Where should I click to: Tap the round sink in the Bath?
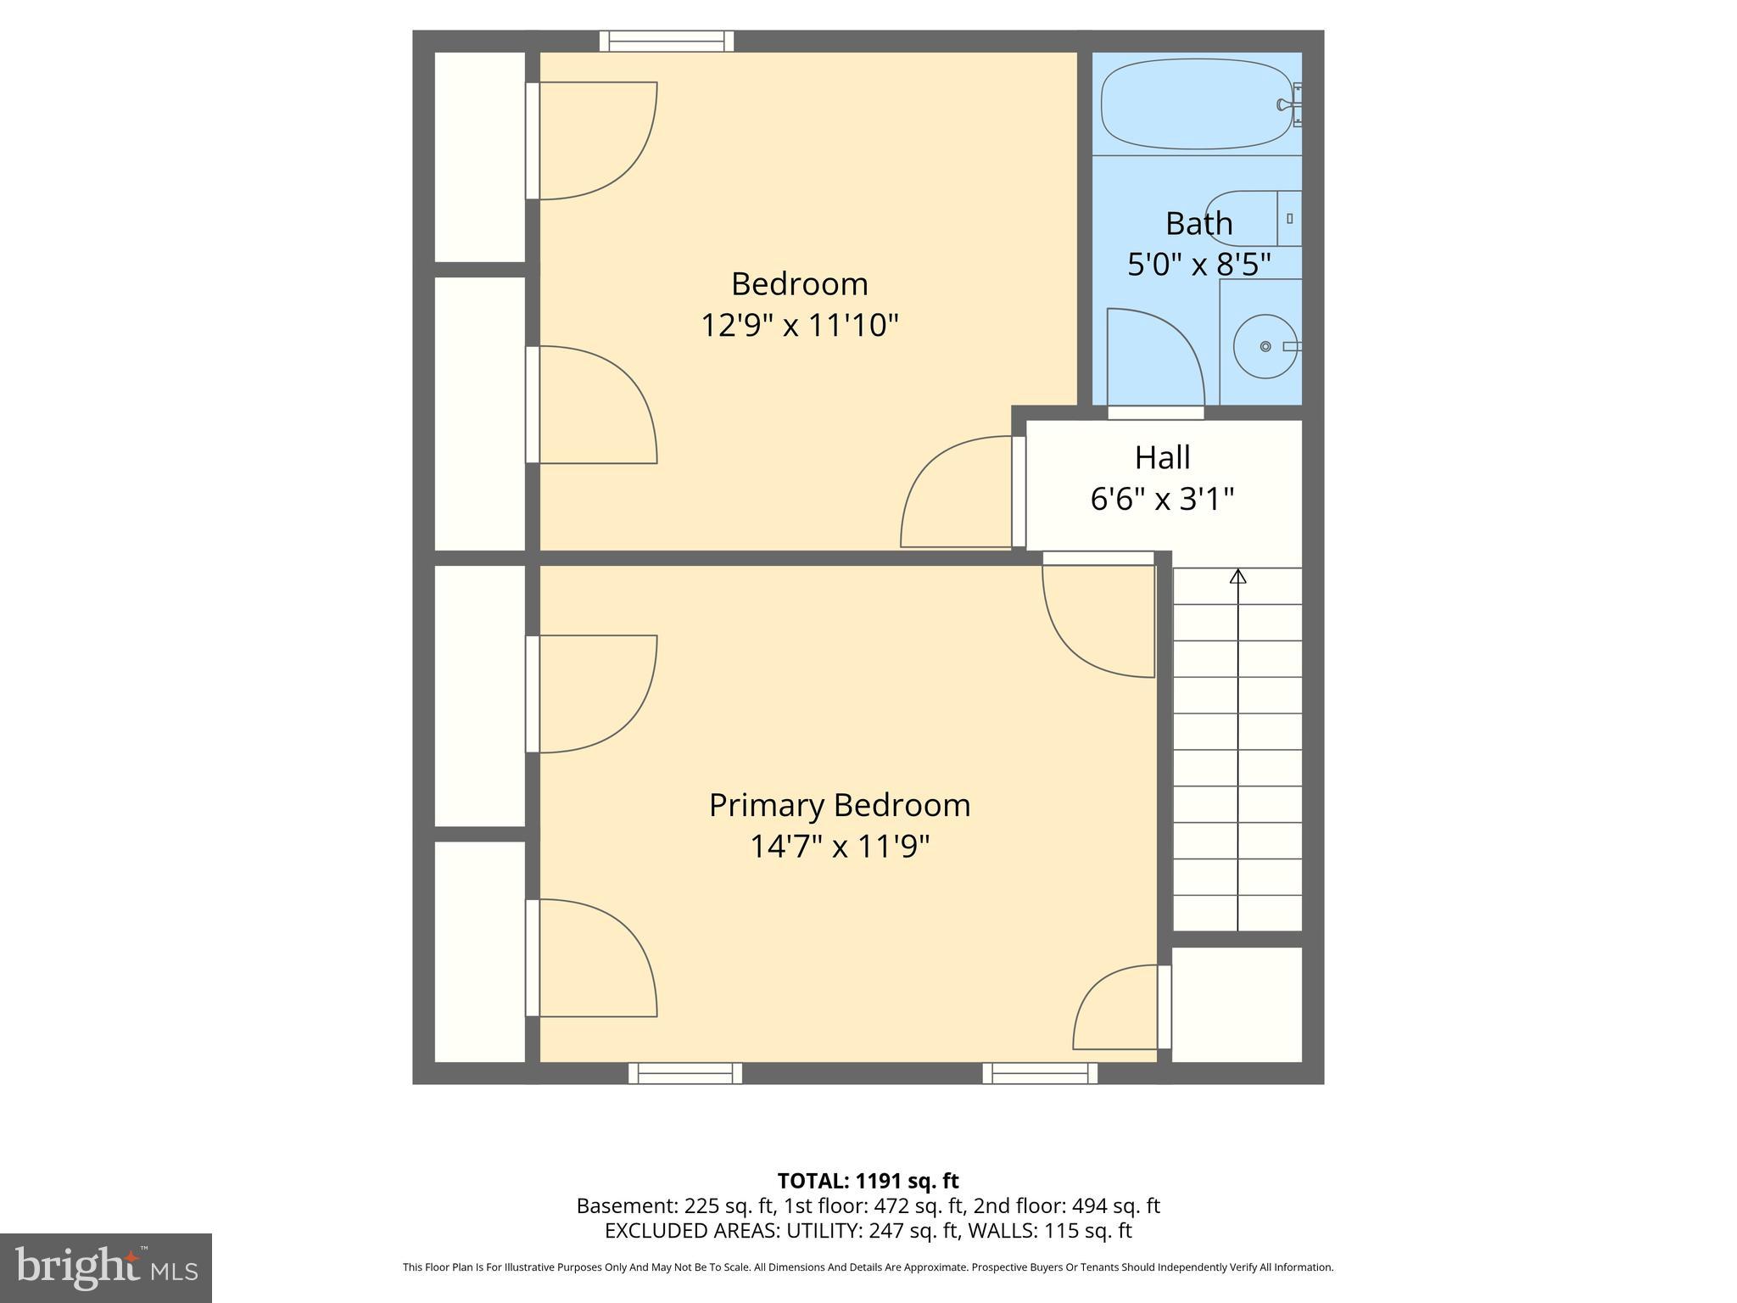click(x=1265, y=346)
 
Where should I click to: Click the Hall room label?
click(x=1162, y=457)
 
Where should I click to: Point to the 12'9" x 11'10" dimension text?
click(x=799, y=325)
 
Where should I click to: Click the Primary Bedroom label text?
click(x=839, y=805)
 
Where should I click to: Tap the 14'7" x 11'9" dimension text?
click(x=839, y=847)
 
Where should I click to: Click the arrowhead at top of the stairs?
click(x=1237, y=577)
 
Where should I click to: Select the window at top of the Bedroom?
click(x=667, y=41)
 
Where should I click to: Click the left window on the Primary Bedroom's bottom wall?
click(x=685, y=1073)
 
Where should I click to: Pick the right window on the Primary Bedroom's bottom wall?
click(x=1040, y=1073)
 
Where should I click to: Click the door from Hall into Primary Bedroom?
click(x=1098, y=619)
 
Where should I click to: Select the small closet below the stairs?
click(x=1237, y=1004)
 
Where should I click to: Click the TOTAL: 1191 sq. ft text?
click(x=868, y=1181)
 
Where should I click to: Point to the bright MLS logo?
click(x=106, y=1267)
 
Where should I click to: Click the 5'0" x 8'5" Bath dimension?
click(x=1198, y=264)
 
